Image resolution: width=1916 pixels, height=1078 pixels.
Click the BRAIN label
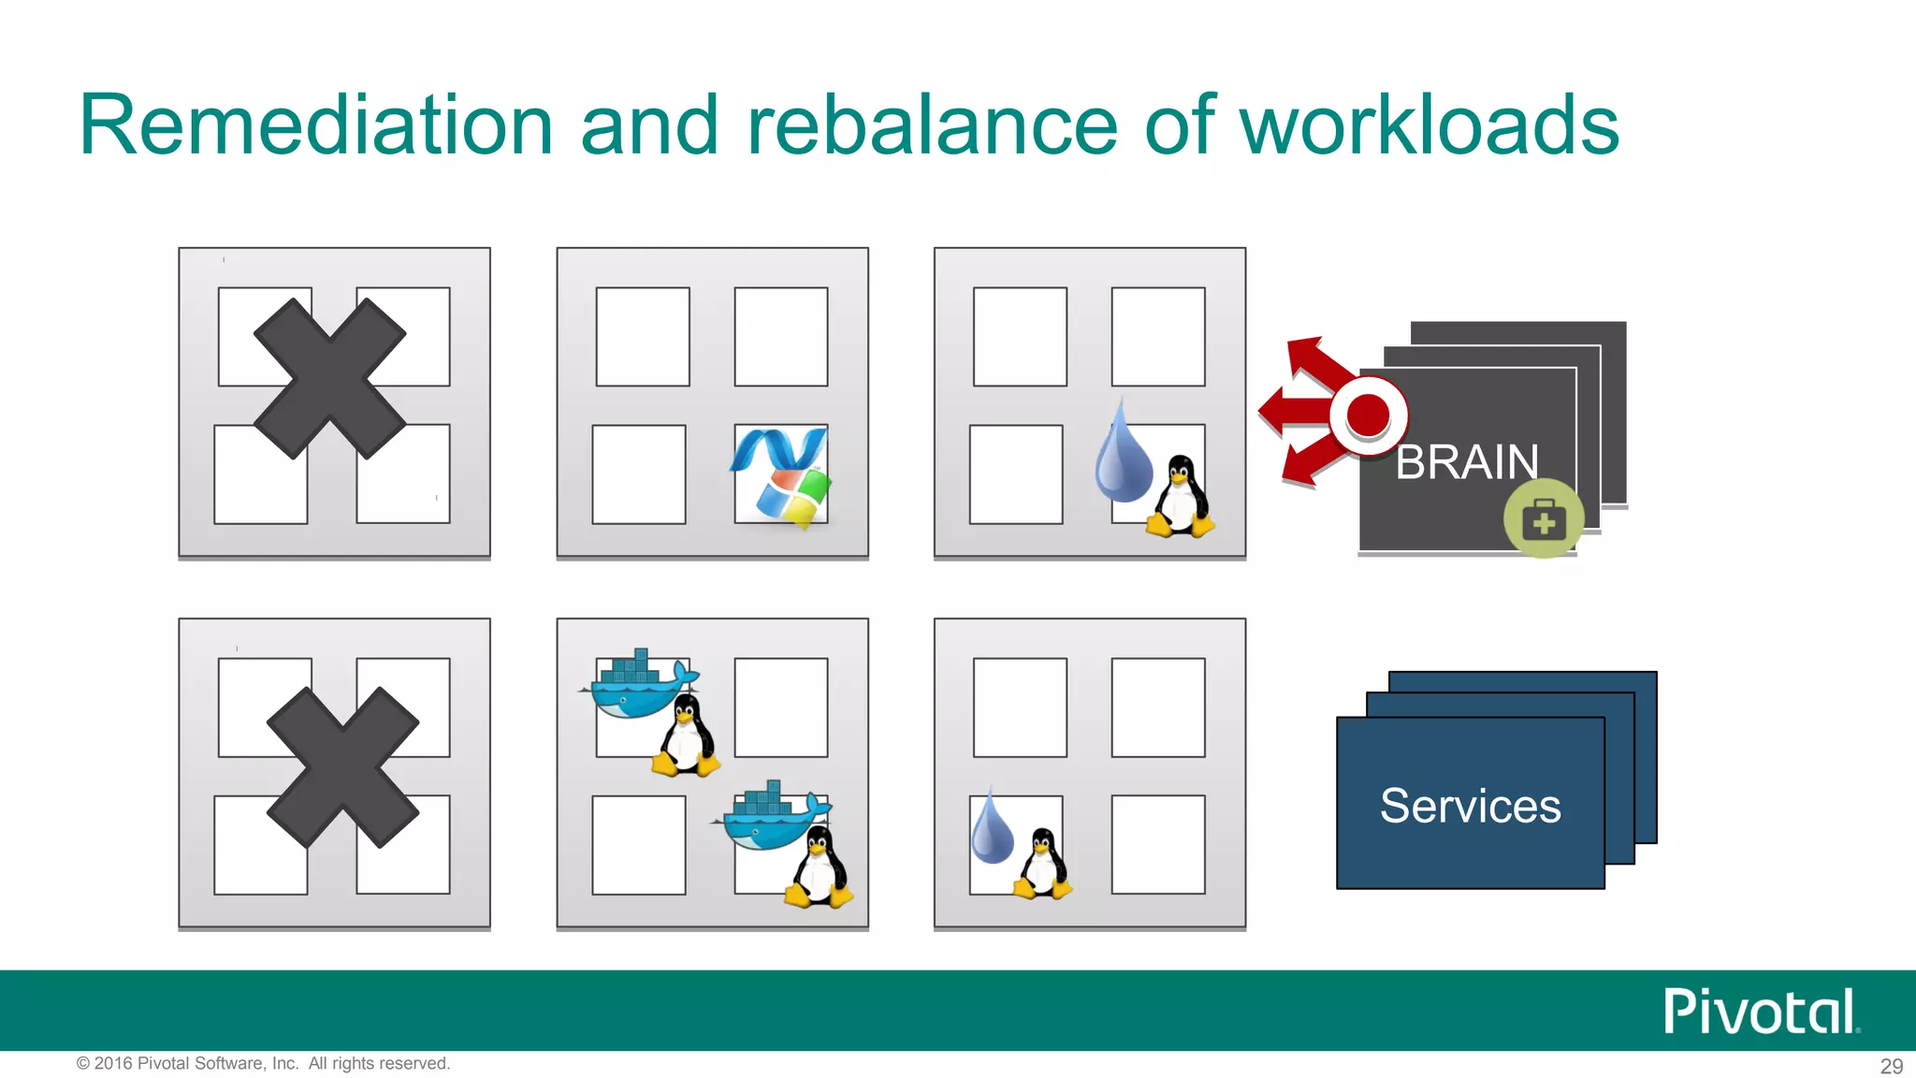click(1467, 462)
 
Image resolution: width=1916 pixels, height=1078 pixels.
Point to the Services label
click(1470, 806)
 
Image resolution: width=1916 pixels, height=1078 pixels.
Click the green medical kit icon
click(1544, 519)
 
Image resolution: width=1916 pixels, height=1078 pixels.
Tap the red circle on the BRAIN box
click(1368, 415)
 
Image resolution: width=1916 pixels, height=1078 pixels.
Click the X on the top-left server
click(329, 379)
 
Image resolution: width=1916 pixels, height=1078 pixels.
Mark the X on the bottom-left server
click(342, 767)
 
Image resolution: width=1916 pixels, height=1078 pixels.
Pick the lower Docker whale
click(771, 816)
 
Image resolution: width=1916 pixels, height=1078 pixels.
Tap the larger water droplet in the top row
click(1124, 454)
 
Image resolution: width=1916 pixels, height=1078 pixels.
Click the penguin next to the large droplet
click(1181, 497)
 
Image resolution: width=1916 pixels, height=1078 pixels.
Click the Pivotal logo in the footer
click(1759, 1012)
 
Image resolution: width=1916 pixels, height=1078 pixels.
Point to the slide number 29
click(1891, 1066)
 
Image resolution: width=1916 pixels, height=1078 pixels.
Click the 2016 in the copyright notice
click(113, 1063)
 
